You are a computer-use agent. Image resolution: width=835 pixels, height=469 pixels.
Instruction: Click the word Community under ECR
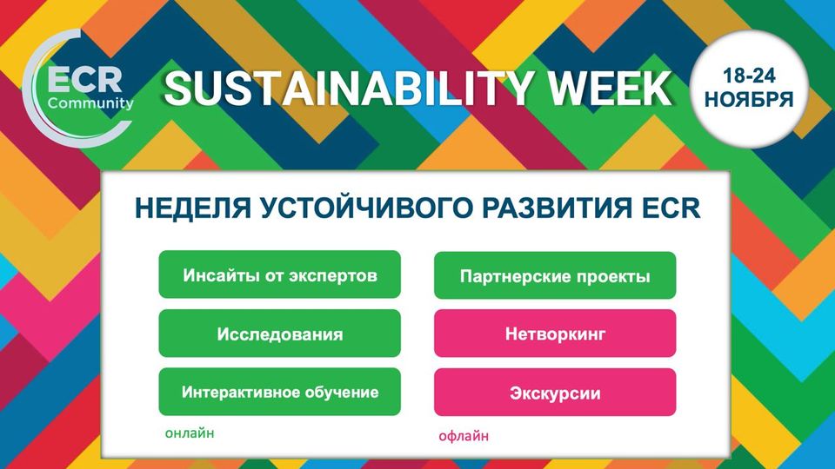coord(90,103)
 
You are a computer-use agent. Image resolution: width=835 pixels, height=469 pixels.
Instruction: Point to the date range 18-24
coord(749,76)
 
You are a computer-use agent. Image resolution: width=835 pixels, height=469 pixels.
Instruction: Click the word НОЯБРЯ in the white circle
coord(749,99)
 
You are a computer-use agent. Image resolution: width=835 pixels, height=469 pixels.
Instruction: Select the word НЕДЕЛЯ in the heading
coord(193,208)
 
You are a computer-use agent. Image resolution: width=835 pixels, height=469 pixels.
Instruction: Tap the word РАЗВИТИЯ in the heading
coord(557,208)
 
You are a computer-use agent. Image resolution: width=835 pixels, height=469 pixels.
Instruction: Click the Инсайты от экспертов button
coord(279,274)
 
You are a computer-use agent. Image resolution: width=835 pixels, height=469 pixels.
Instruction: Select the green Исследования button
coord(279,334)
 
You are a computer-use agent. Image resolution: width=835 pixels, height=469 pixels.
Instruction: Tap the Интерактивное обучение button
coord(279,392)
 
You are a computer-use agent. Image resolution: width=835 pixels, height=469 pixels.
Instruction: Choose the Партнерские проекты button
coord(555,275)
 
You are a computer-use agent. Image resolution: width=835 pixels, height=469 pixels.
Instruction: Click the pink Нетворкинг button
coord(555,334)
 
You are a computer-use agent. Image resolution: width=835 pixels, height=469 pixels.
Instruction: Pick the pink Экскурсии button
coord(555,392)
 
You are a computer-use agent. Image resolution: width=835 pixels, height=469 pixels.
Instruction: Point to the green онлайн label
coord(190,433)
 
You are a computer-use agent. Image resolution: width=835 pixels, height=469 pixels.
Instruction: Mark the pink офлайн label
coord(464,436)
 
